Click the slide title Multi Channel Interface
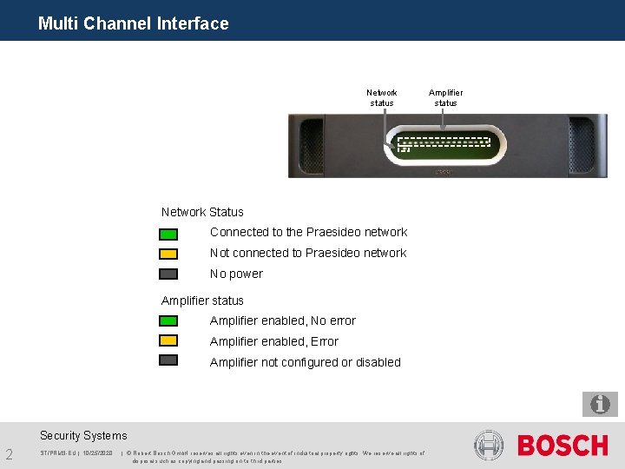pyautogui.click(x=134, y=23)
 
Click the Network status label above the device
pyautogui.click(x=382, y=97)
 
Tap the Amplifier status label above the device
pyautogui.click(x=445, y=97)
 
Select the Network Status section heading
pyautogui.click(x=202, y=212)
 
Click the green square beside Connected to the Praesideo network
pyautogui.click(x=168, y=234)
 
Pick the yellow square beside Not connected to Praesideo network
pyautogui.click(x=168, y=254)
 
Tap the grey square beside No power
pyautogui.click(x=168, y=274)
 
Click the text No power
pyautogui.click(x=236, y=274)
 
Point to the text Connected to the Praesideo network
pyautogui.click(x=308, y=232)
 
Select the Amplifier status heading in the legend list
pyautogui.click(x=202, y=301)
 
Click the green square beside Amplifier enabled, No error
pyautogui.click(x=168, y=320)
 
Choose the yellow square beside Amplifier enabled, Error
pyautogui.click(x=168, y=340)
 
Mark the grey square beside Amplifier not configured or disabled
pyautogui.click(x=168, y=360)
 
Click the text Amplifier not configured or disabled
pyautogui.click(x=305, y=362)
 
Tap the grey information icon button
pyautogui.click(x=600, y=404)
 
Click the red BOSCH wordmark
pyautogui.click(x=562, y=446)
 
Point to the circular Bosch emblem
pyautogui.click(x=489, y=446)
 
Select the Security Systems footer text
pyautogui.click(x=83, y=435)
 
